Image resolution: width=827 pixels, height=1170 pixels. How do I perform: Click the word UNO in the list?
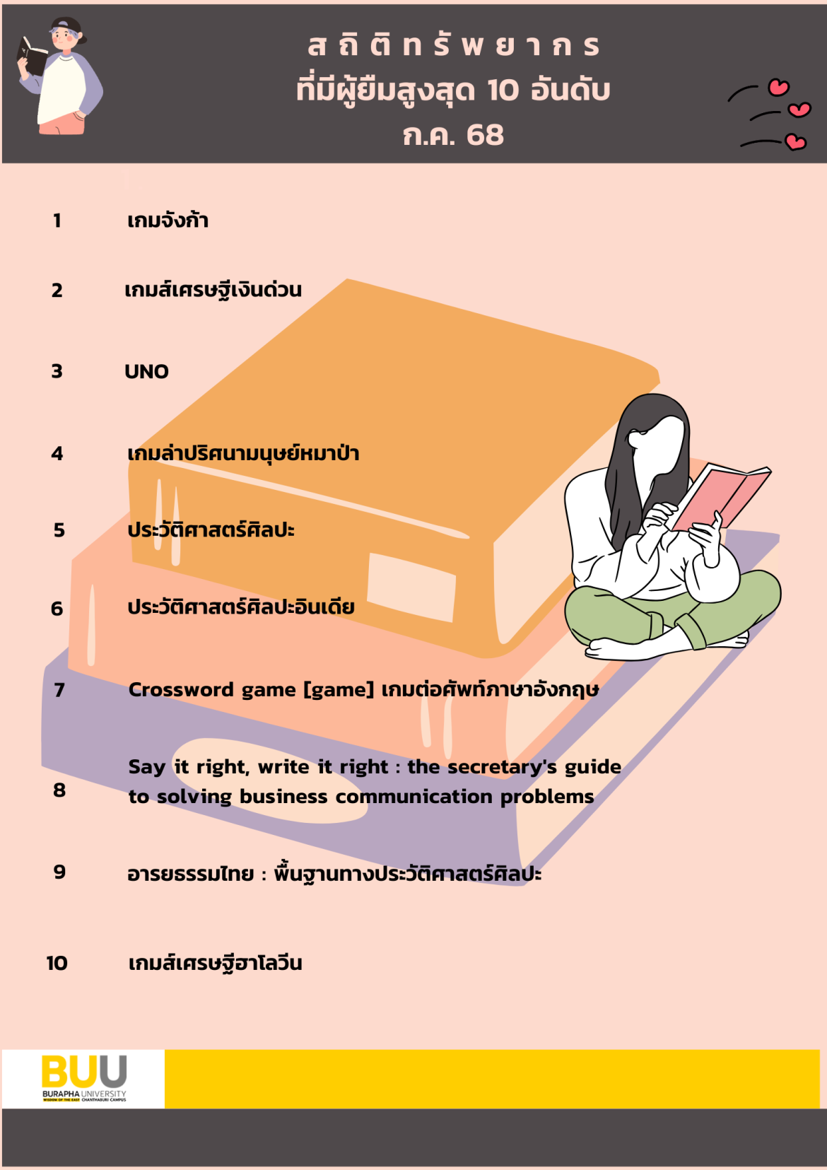(146, 372)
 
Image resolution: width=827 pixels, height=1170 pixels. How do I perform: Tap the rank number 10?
(57, 963)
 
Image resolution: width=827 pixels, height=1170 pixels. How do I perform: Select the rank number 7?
(59, 690)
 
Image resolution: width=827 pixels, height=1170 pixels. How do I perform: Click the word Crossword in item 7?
(181, 689)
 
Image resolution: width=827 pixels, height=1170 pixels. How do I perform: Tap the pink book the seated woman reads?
(720, 496)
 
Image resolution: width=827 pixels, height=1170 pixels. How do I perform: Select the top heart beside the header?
(778, 87)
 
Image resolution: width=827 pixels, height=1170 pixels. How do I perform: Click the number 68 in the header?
(485, 135)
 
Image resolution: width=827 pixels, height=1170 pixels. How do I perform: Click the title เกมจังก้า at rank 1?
(168, 220)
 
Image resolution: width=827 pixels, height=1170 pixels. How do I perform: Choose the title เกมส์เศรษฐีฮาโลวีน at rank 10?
(215, 963)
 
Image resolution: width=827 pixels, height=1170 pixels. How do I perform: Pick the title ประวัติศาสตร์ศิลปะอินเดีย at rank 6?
(241, 607)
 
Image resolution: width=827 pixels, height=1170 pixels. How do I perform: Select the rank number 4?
(57, 453)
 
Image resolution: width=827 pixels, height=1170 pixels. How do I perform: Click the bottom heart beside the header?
(796, 142)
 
